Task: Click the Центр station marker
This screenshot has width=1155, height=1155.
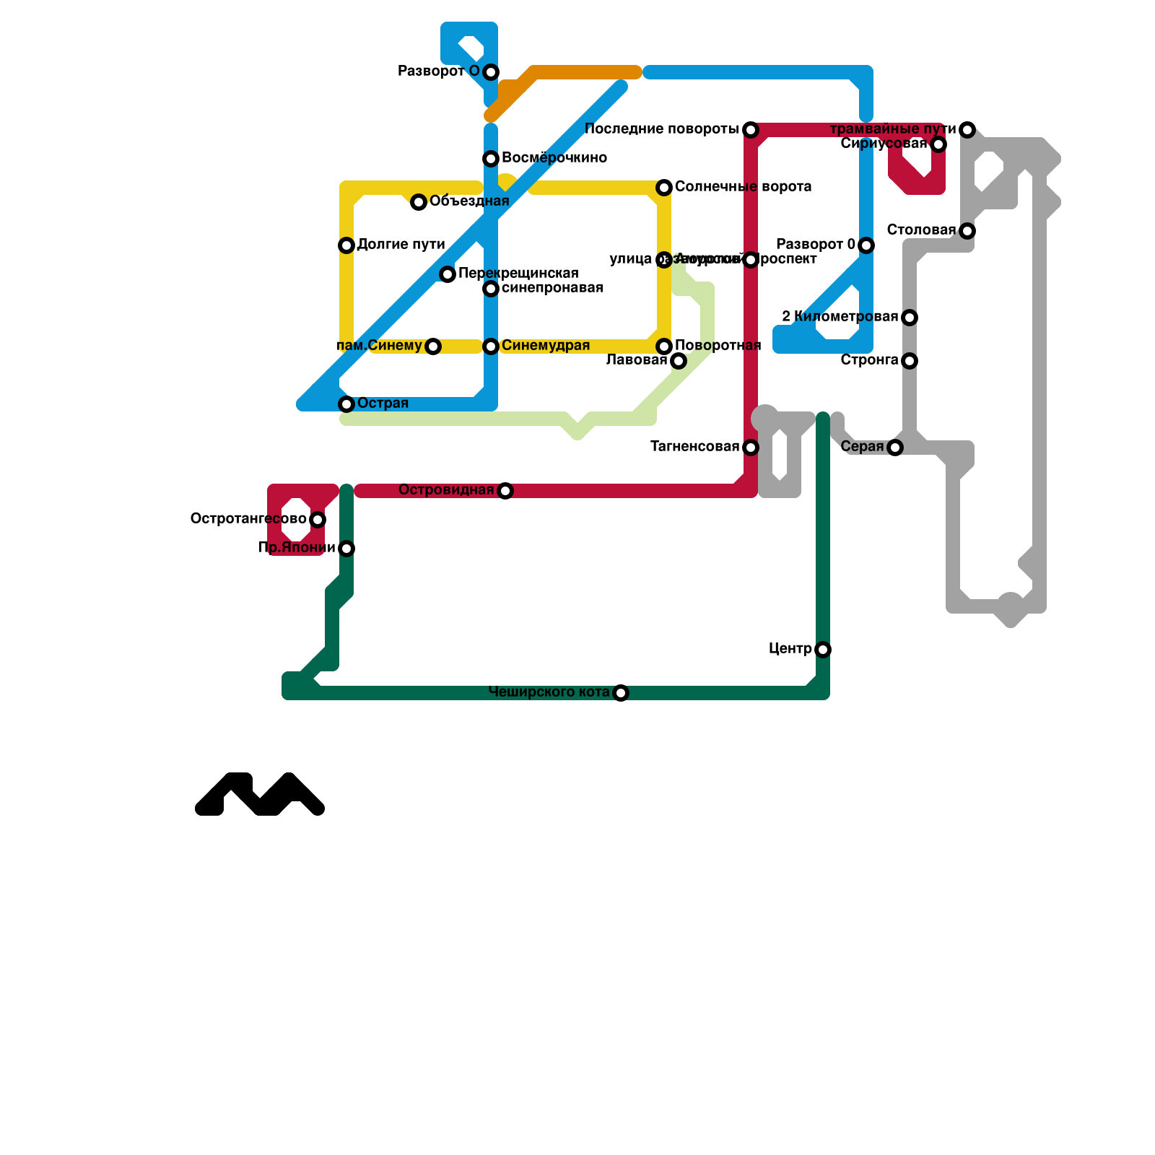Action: (x=823, y=650)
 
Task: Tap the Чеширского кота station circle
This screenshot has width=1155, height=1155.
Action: (x=621, y=693)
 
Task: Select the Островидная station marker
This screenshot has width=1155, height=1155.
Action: (x=505, y=491)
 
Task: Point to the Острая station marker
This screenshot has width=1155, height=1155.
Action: (x=346, y=404)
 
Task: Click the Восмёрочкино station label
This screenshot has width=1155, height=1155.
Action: (x=554, y=158)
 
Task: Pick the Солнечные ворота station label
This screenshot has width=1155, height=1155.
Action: (x=743, y=187)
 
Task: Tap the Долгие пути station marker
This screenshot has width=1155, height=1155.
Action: (x=346, y=245)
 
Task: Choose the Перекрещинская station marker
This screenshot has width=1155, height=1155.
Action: (x=448, y=274)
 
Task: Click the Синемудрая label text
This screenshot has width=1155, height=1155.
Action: (x=545, y=346)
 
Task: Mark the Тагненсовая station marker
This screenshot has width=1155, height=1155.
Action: (x=751, y=448)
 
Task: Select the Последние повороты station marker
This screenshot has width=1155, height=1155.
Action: (x=751, y=130)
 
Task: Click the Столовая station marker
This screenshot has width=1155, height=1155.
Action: (x=967, y=231)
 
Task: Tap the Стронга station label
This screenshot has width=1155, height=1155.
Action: (x=869, y=360)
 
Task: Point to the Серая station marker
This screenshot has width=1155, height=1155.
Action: (x=895, y=448)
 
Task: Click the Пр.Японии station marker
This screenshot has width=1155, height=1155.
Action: (x=346, y=549)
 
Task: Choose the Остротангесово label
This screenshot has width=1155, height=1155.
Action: (x=248, y=519)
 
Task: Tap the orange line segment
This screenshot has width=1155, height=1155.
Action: (x=585, y=72)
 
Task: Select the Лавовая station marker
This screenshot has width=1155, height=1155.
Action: (x=679, y=361)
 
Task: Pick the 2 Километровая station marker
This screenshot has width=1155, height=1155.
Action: (x=910, y=318)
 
